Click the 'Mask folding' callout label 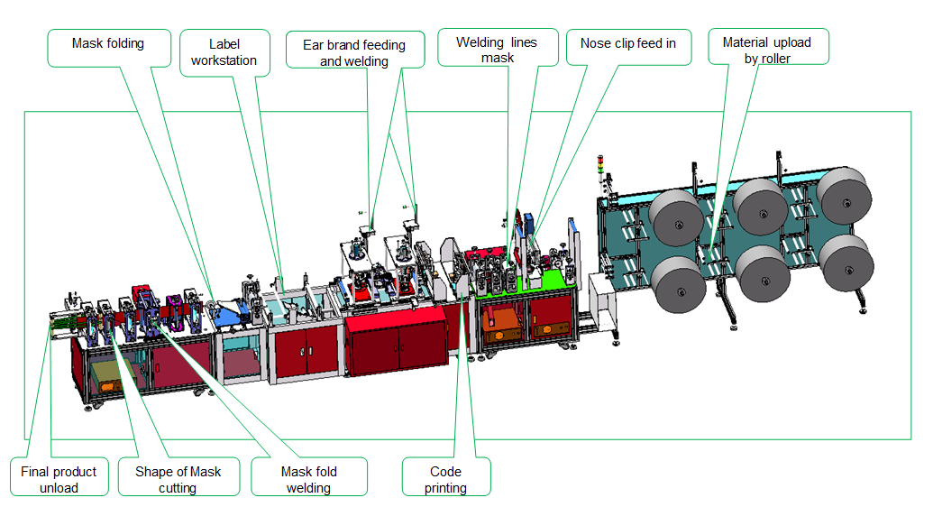pyautogui.click(x=109, y=48)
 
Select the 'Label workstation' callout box pyautogui.click(x=224, y=52)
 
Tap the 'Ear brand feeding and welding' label pyautogui.click(x=354, y=50)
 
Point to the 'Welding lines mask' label pyautogui.click(x=498, y=47)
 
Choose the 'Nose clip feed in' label pyautogui.click(x=628, y=47)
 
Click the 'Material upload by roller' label pyautogui.click(x=767, y=47)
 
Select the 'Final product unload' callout pyautogui.click(x=59, y=476)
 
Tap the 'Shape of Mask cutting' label pyautogui.click(x=178, y=476)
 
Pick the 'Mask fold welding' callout pyautogui.click(x=309, y=476)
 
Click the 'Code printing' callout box pyautogui.click(x=445, y=476)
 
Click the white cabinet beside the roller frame pyautogui.click(x=603, y=302)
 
